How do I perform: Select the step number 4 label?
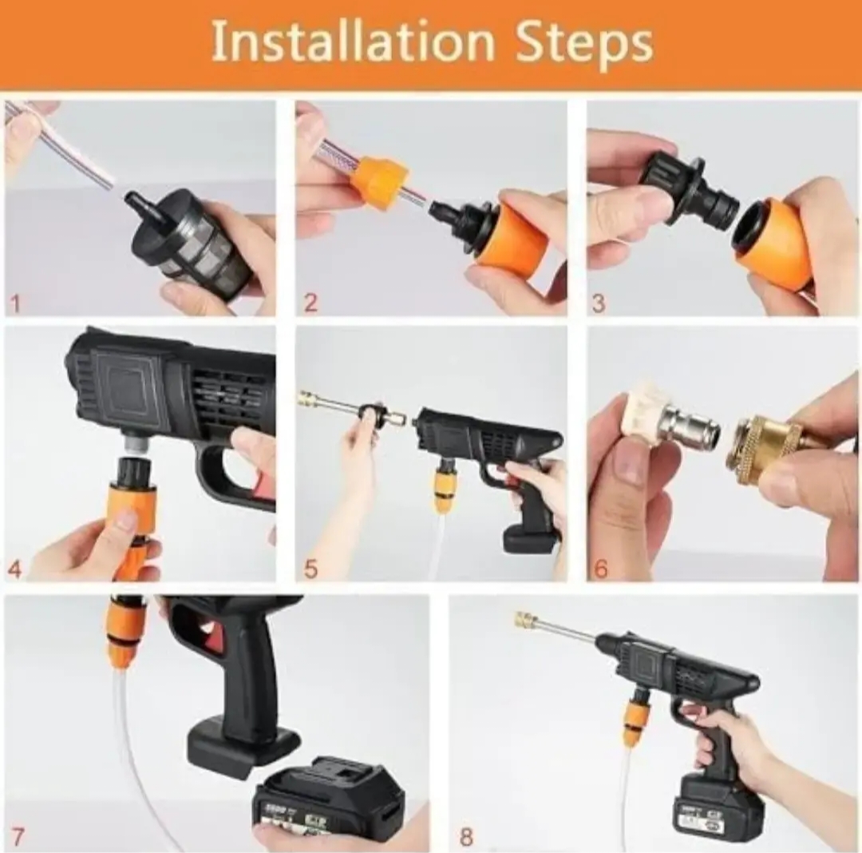coord(15,569)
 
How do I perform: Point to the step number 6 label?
coord(601,569)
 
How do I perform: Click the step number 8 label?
coord(466,837)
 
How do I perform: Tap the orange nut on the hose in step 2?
coord(379,183)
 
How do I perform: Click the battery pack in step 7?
coord(327,799)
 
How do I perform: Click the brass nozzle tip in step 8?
coord(526,621)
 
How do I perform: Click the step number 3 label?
coord(599,304)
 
